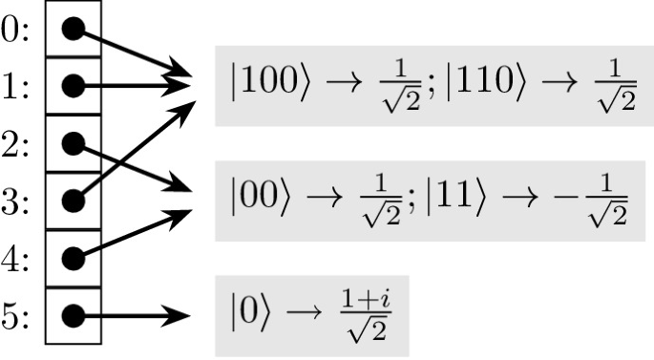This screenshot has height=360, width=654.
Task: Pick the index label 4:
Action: (x=17, y=257)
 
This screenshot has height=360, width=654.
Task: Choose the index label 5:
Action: (x=17, y=314)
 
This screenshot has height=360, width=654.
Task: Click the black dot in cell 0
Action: (x=73, y=29)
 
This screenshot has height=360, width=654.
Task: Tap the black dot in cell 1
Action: (x=73, y=85)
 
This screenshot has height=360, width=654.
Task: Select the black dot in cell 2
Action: (x=73, y=143)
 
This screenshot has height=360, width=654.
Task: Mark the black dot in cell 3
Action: (x=73, y=201)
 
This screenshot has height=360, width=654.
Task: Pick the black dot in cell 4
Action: (x=73, y=258)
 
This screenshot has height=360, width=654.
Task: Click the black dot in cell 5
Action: (x=73, y=314)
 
